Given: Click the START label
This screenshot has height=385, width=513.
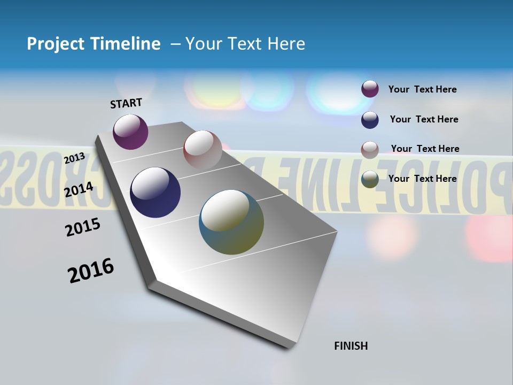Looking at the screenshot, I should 126,103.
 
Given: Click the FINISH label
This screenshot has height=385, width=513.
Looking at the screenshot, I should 351,346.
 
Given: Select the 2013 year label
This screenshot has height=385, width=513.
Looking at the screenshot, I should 74,158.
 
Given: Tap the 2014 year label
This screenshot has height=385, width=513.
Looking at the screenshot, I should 79,189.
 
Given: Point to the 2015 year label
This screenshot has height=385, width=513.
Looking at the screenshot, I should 83,227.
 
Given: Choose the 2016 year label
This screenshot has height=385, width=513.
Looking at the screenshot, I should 91,271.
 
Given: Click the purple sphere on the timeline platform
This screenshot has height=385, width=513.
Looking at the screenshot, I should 130,132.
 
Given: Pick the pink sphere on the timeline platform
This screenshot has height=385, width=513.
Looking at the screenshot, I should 203,149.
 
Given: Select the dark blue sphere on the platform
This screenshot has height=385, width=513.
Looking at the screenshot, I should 155,192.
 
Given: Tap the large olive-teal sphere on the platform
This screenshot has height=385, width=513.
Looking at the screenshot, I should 231,222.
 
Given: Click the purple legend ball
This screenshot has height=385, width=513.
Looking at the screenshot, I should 370,89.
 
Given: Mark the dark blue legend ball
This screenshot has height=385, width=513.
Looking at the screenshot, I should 370,120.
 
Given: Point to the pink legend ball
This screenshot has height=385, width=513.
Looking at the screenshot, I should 370,150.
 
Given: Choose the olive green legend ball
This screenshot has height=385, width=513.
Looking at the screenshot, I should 370,180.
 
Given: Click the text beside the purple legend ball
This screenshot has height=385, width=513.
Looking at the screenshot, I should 422,90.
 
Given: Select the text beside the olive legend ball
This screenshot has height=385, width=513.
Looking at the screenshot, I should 422,179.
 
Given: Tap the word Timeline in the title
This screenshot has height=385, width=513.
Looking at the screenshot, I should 126,44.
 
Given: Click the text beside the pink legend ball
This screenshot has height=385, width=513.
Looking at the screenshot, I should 425,149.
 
